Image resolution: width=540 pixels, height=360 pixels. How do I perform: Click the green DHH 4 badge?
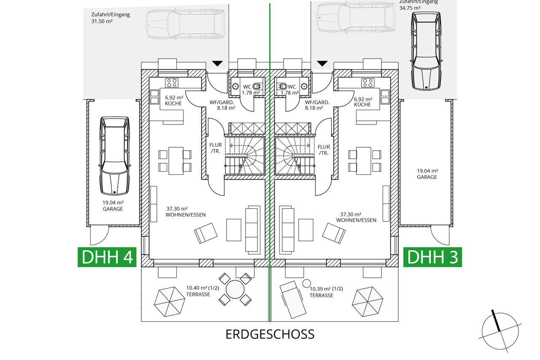tap(107, 257)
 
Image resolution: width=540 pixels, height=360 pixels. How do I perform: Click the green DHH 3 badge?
tap(432, 257)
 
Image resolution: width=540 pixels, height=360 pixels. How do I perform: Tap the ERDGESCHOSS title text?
tap(270, 334)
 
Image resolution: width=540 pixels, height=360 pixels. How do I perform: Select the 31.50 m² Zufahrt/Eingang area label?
tap(111, 18)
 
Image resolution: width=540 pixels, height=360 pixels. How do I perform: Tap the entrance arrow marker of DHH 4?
tap(217, 63)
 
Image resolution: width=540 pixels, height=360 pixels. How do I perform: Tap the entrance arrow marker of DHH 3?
tap(323, 63)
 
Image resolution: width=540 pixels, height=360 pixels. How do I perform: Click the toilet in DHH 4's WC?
tap(256, 87)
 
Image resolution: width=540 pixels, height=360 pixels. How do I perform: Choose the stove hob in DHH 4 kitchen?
tap(171, 82)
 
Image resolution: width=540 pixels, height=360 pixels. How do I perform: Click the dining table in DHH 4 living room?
tap(175, 160)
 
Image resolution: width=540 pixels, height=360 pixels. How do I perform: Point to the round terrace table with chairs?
tap(235, 290)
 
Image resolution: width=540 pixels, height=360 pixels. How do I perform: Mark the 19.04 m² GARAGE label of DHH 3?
tap(427, 174)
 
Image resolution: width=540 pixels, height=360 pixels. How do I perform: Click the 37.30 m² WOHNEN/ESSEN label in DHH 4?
tap(186, 212)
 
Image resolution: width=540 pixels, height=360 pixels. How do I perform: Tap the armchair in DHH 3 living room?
tap(334, 233)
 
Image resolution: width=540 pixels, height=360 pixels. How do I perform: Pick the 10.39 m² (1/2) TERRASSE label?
tap(326, 292)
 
